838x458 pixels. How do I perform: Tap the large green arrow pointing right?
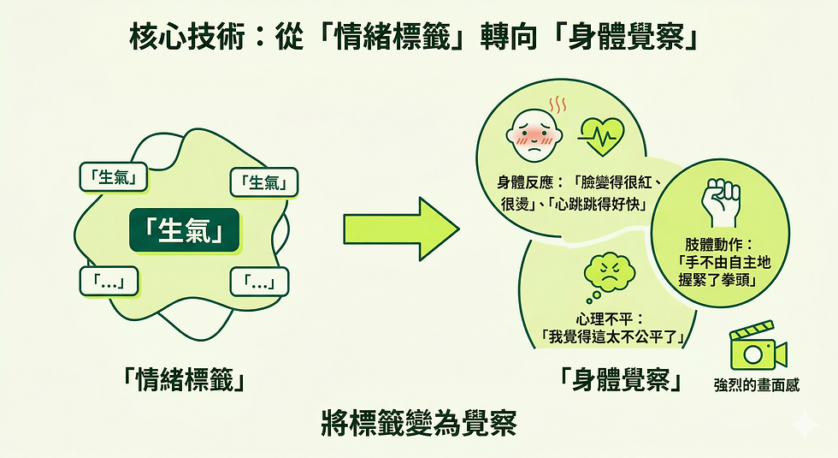(x=401, y=227)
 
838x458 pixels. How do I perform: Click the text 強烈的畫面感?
(x=757, y=384)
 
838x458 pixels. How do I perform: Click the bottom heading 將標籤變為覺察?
(x=419, y=423)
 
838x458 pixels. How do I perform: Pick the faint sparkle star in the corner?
(x=803, y=424)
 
